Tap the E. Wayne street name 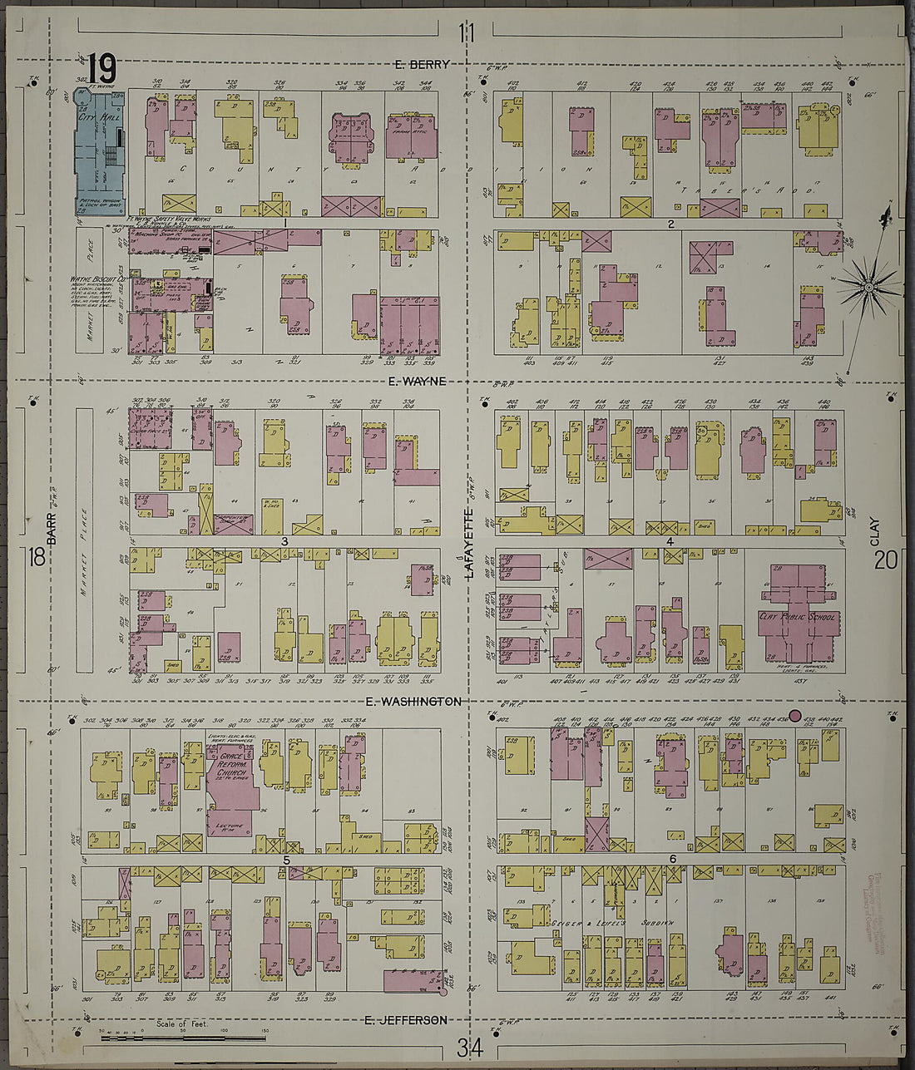pyautogui.click(x=417, y=381)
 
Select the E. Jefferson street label pyautogui.click(x=406, y=1020)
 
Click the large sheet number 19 pyautogui.click(x=101, y=67)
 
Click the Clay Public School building pyautogui.click(x=796, y=615)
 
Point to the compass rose pyautogui.click(x=868, y=287)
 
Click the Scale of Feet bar pyautogui.click(x=183, y=1038)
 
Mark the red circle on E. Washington pyautogui.click(x=794, y=715)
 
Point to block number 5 pyautogui.click(x=286, y=860)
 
